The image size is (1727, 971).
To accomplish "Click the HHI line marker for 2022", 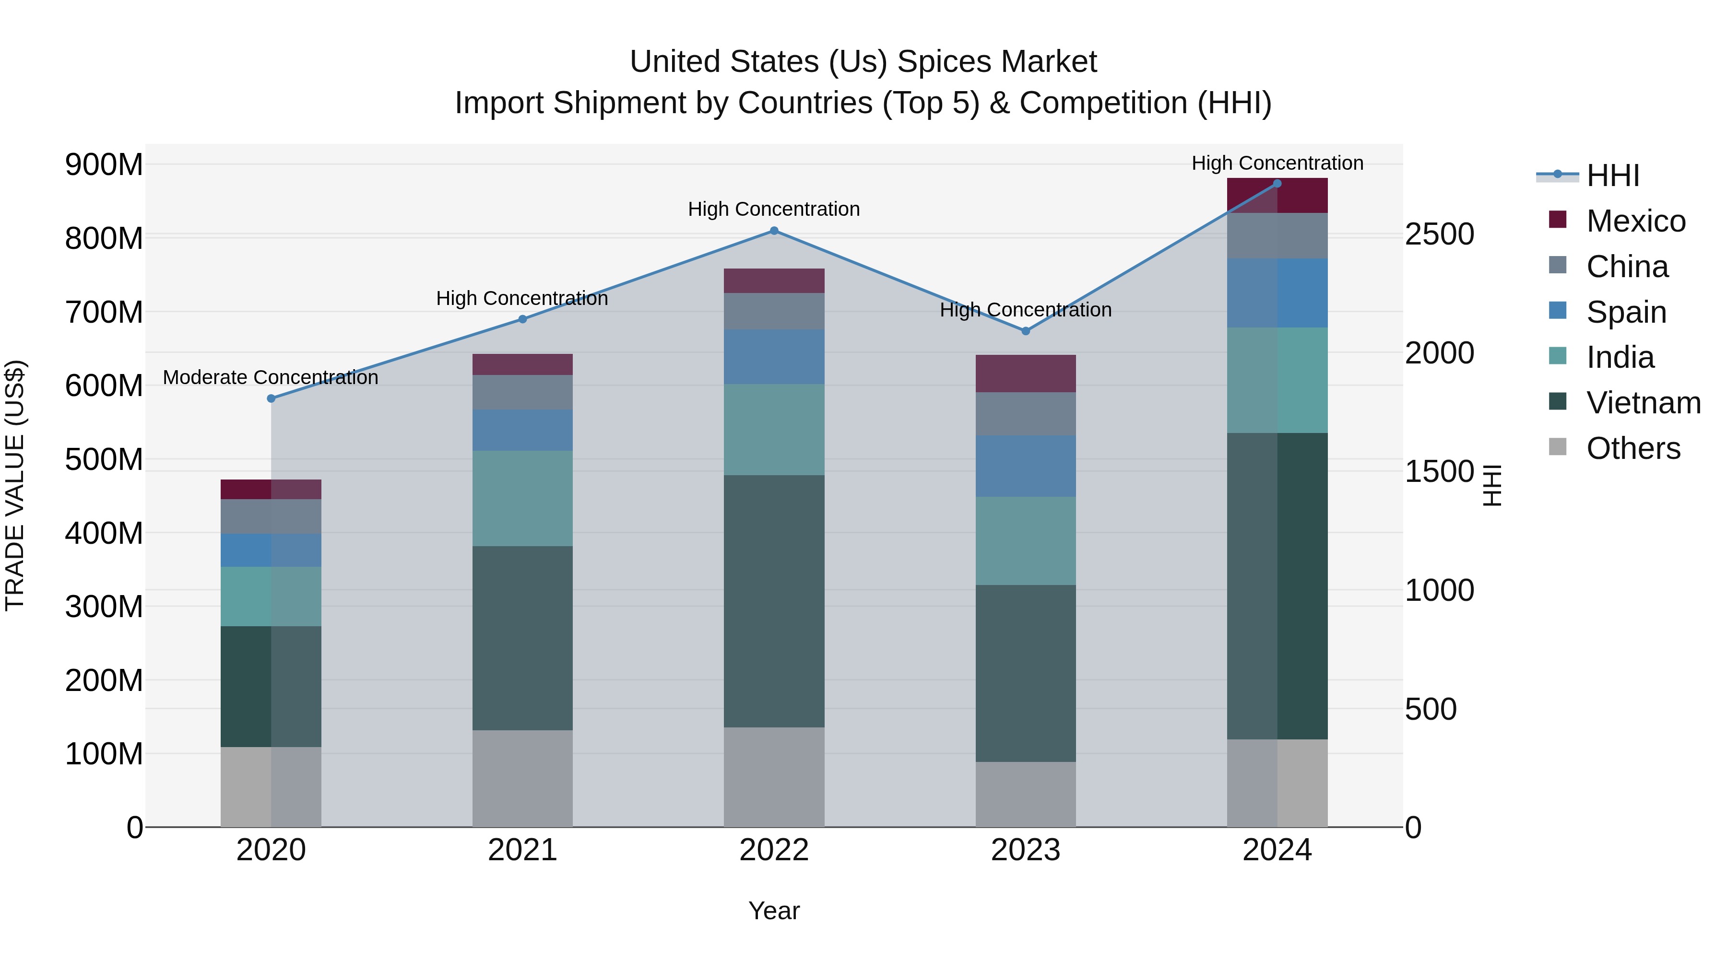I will click(x=774, y=231).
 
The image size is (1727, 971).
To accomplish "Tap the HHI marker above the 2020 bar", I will click(x=272, y=399).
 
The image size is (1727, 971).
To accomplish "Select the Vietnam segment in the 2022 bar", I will click(x=774, y=601).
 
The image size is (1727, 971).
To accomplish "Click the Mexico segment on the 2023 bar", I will click(x=1025, y=374).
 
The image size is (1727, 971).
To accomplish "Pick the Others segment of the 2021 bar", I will click(x=522, y=778).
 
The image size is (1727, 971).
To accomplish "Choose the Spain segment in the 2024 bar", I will click(x=1277, y=293).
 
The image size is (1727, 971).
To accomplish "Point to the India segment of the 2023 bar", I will click(x=1025, y=541).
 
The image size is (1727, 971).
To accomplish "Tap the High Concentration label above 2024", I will click(x=1277, y=164).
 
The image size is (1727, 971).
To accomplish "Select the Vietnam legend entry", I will click(x=1643, y=403).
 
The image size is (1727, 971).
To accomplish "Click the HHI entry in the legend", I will click(x=1612, y=175).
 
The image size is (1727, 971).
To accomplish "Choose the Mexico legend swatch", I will click(x=1557, y=220).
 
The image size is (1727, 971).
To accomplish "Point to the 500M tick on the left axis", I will click(x=104, y=460).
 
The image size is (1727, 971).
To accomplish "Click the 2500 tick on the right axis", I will click(x=1439, y=234).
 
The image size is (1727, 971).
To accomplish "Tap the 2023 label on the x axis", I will click(x=1025, y=850).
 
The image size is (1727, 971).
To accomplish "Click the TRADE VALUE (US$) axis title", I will click(x=15, y=485).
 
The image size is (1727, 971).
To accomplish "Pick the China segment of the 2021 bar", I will click(x=522, y=392).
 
